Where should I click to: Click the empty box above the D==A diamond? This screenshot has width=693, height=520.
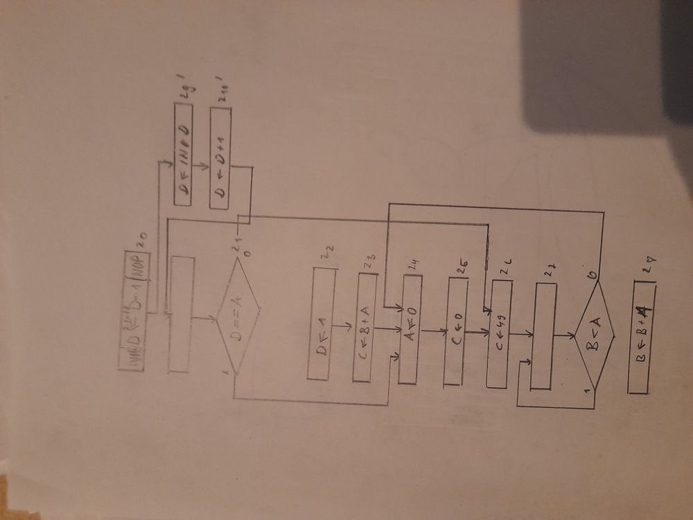[x=182, y=314]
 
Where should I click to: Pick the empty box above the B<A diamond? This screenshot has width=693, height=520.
[x=543, y=336]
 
